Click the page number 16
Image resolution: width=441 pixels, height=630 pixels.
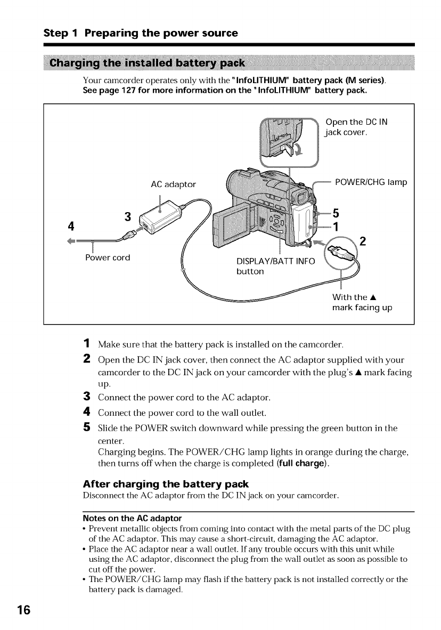(x=22, y=610)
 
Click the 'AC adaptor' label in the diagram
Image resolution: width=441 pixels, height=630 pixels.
(x=174, y=184)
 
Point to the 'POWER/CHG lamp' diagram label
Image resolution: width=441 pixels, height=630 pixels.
(x=371, y=182)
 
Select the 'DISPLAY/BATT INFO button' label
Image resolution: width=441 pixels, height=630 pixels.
(x=275, y=265)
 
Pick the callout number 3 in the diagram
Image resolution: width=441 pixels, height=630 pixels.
(x=127, y=216)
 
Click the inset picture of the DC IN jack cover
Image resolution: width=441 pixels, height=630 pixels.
(x=288, y=140)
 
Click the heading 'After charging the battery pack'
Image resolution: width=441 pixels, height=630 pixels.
(x=166, y=484)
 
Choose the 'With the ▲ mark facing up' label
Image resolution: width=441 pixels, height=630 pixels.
(x=362, y=303)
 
